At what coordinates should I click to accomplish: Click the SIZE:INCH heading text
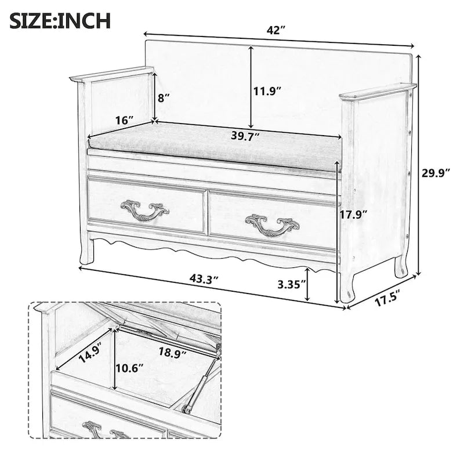tap(60, 21)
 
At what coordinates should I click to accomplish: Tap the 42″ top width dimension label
tap(275, 30)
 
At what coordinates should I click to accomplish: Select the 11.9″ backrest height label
tap(267, 90)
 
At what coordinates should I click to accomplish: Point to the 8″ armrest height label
tap(164, 97)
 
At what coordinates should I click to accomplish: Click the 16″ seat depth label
tap(124, 120)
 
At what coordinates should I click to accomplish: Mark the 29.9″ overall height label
tap(436, 173)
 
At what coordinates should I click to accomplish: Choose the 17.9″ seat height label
tap(353, 214)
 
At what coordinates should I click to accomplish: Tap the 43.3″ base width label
tap(204, 278)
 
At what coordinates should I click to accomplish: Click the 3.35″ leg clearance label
tap(292, 284)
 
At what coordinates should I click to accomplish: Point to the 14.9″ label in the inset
tap(90, 351)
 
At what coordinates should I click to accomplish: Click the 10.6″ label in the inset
tap(129, 368)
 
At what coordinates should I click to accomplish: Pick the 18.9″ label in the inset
tap(173, 352)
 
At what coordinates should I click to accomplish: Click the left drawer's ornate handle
tap(144, 210)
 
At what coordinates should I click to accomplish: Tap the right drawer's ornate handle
tap(272, 225)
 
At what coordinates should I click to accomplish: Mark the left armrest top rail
tap(111, 74)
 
